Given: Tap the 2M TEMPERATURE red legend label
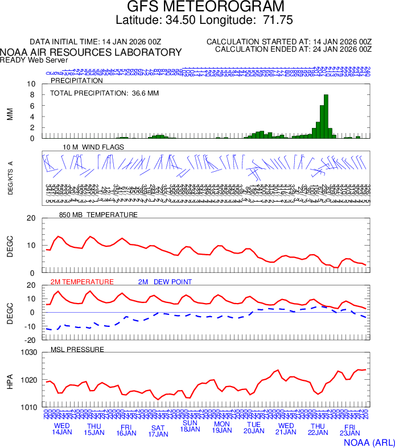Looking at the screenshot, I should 82,281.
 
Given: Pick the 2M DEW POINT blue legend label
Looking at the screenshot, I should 165,281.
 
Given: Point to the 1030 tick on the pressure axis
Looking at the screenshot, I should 30,352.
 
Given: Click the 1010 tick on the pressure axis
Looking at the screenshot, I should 30,407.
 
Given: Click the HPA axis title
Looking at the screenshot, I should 10,380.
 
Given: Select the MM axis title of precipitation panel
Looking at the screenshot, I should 10,114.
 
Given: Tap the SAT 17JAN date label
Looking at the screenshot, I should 158,430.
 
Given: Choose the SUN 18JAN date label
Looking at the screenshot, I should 190,426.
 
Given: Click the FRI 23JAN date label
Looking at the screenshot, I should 350,430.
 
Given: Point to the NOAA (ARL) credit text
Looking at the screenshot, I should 368,441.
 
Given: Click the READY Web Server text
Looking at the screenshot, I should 34,60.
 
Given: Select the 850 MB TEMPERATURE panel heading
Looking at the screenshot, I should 98,215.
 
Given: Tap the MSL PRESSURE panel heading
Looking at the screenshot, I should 77,349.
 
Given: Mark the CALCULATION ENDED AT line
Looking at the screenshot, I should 293,49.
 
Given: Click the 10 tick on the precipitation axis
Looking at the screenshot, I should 32,84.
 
